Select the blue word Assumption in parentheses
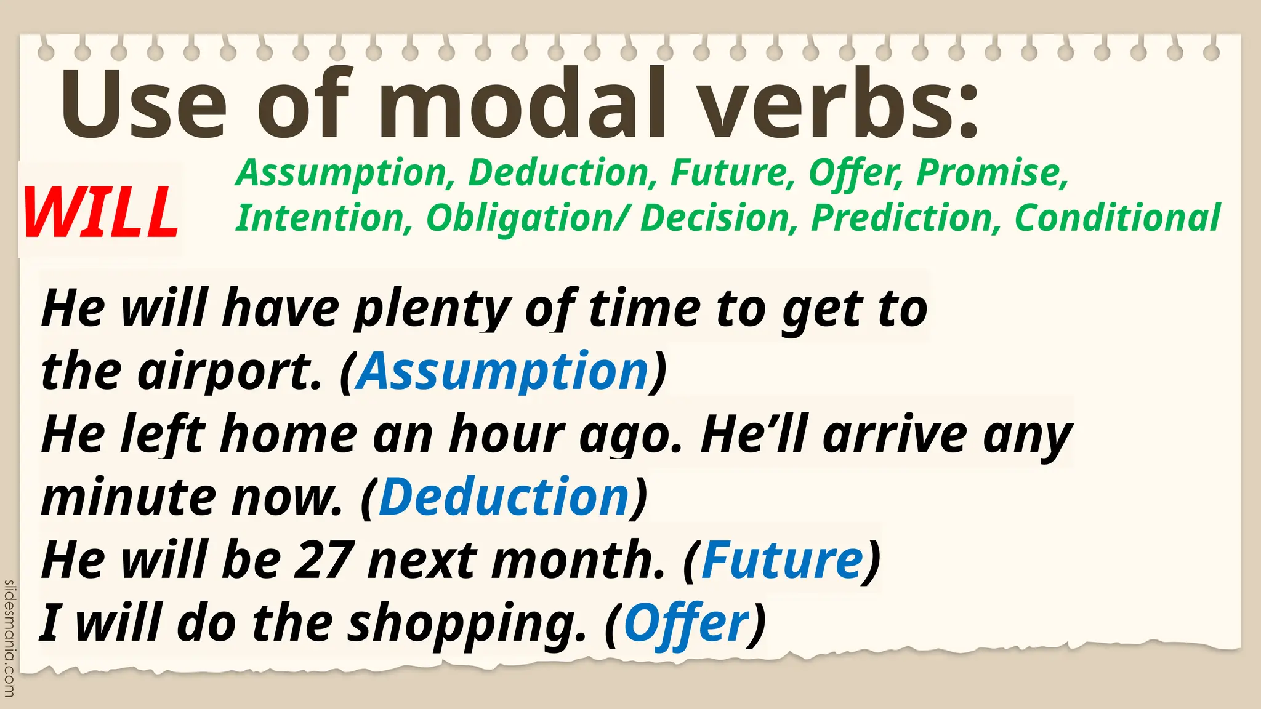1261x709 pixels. pyautogui.click(x=503, y=371)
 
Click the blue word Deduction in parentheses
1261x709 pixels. pyautogui.click(x=504, y=497)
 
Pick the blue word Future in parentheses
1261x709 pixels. pyautogui.click(x=782, y=560)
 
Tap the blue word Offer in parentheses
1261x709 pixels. pyautogui.click(x=687, y=623)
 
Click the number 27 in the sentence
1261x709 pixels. pyautogui.click(x=324, y=560)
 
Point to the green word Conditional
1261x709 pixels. pyautogui.click(x=1117, y=218)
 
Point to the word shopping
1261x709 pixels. pyautogui.click(x=467, y=623)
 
